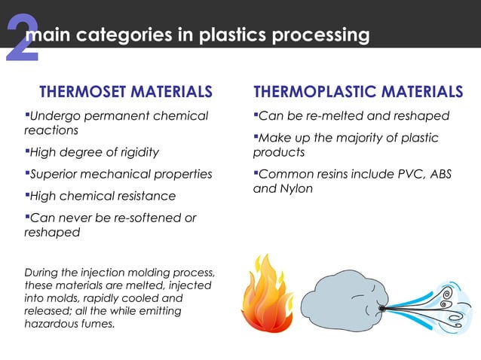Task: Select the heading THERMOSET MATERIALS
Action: [x=125, y=93]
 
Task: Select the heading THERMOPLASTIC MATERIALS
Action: [x=358, y=93]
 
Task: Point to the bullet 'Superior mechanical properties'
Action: [x=118, y=174]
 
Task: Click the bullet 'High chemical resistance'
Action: [x=100, y=196]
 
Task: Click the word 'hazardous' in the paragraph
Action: [x=53, y=323]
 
